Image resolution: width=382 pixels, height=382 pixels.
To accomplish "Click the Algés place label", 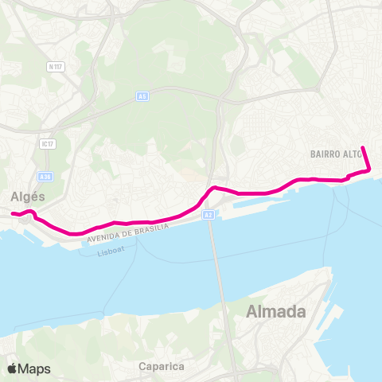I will (x=29, y=196).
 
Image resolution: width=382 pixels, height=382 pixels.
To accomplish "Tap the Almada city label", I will (x=277, y=311).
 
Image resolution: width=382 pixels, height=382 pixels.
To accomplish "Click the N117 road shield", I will (x=55, y=67).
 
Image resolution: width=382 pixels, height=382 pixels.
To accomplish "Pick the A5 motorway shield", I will (x=142, y=96).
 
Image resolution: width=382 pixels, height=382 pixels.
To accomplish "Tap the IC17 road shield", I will (x=48, y=143).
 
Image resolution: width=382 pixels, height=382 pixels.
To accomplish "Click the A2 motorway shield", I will (x=208, y=215).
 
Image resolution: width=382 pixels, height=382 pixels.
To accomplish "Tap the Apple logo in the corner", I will (x=11, y=368).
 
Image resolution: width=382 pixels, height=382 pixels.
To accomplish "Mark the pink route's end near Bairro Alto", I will (x=363, y=148).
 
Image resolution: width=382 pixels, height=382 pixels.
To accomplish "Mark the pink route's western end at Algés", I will (x=13, y=213).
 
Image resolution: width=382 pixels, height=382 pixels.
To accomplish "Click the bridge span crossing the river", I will (x=213, y=255).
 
